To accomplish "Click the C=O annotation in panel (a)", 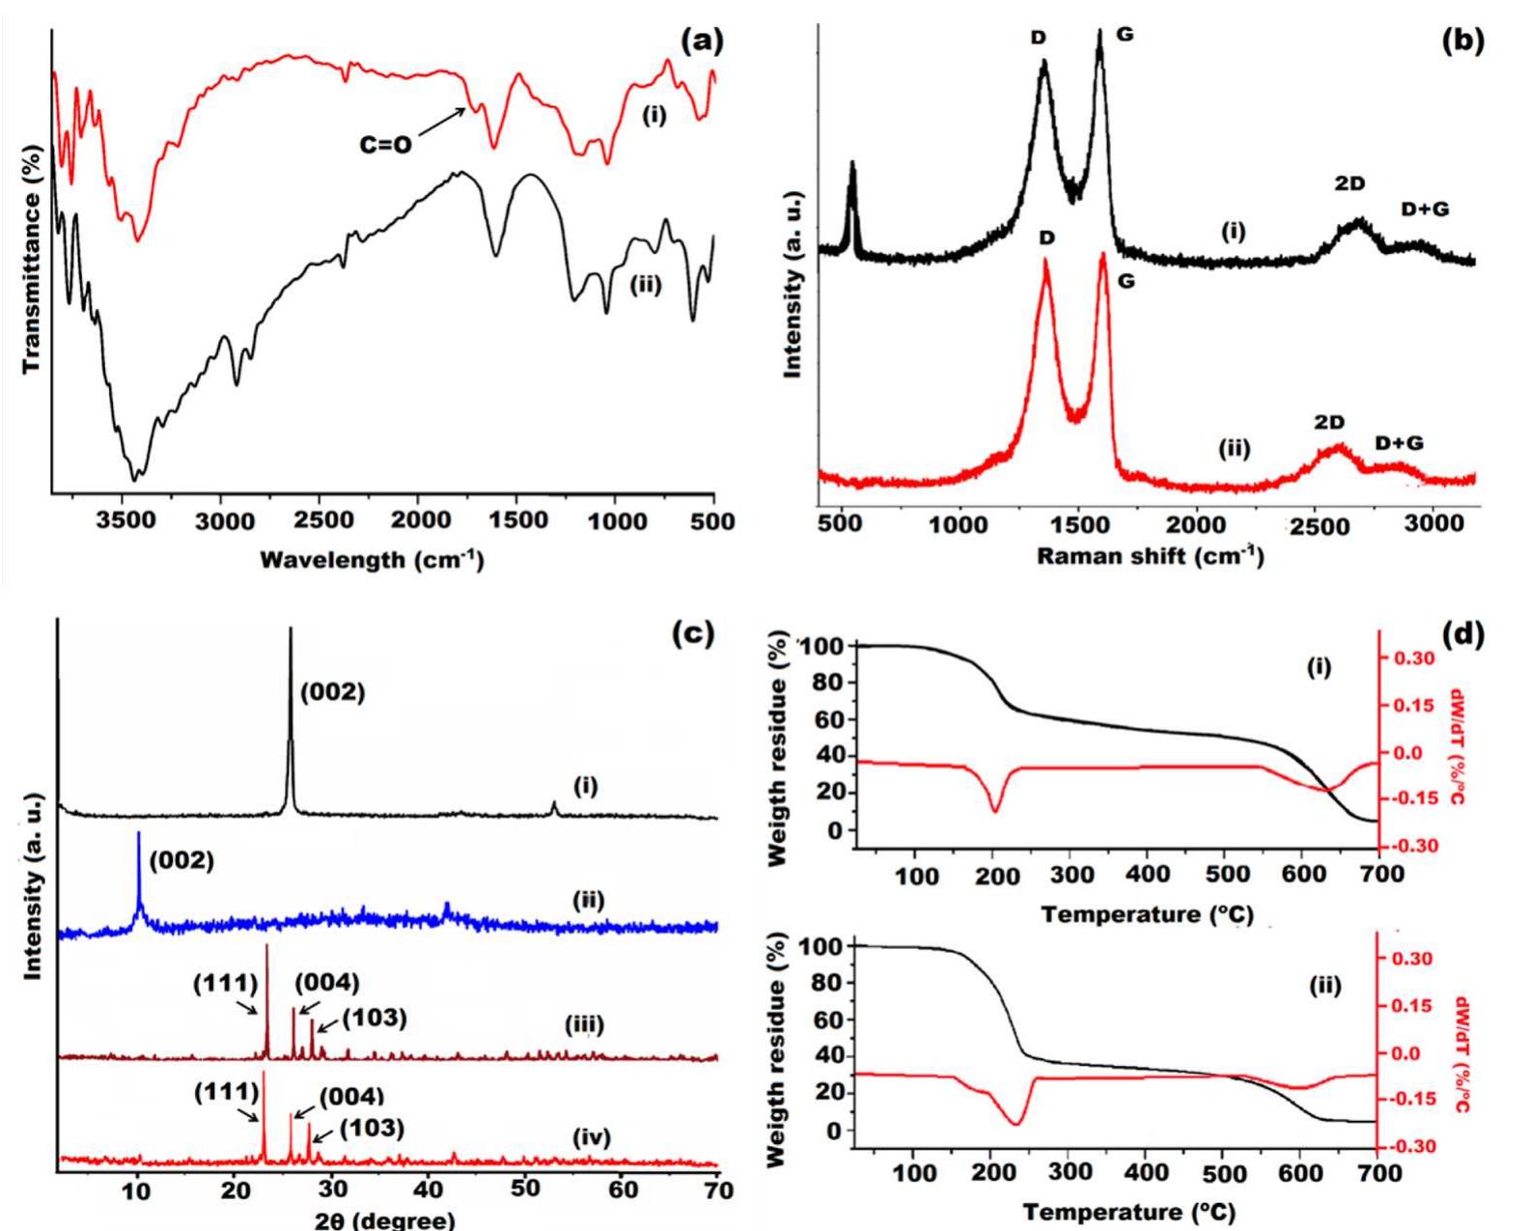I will click(x=385, y=145).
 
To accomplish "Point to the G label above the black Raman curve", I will click(x=1125, y=35).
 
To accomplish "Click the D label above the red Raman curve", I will click(x=1047, y=238).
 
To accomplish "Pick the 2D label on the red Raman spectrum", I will click(x=1328, y=423).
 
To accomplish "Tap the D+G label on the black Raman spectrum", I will click(x=1425, y=208).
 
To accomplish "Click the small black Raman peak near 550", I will click(x=852, y=166).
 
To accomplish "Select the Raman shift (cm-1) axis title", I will click(x=1149, y=557).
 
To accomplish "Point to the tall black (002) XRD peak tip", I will click(x=291, y=630).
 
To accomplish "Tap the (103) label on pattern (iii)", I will click(x=375, y=1018).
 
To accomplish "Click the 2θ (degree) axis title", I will click(x=384, y=1219).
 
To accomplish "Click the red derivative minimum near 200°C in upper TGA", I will click(x=995, y=811).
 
